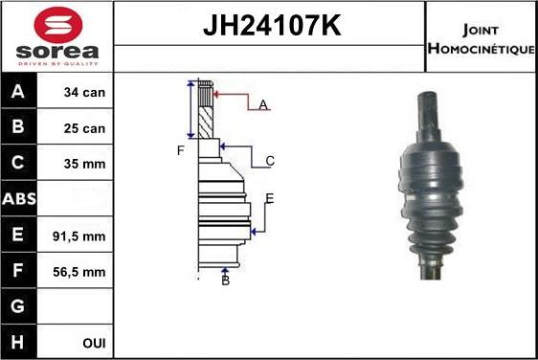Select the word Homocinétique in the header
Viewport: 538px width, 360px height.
click(482, 48)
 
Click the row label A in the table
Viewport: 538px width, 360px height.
click(20, 93)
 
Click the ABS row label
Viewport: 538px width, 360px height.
click(20, 199)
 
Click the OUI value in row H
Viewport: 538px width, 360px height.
click(93, 343)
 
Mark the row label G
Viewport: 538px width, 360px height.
click(20, 307)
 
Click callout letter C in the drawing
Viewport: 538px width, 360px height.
click(270, 161)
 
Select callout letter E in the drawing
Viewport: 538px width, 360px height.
click(270, 198)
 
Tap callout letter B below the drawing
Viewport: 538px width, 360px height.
click(225, 281)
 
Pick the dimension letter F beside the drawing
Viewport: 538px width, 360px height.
click(179, 150)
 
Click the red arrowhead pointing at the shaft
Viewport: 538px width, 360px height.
click(217, 94)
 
